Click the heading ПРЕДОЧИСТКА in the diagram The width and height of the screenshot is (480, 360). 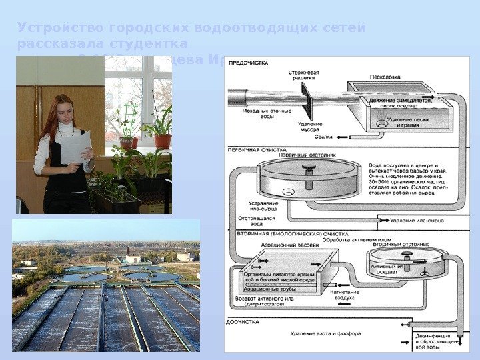click(x=249, y=63)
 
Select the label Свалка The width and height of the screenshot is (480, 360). click(x=323, y=137)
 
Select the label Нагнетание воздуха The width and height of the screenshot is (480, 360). click(x=344, y=295)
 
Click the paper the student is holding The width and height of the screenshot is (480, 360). click(x=75, y=147)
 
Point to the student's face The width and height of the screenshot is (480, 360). click(x=64, y=110)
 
